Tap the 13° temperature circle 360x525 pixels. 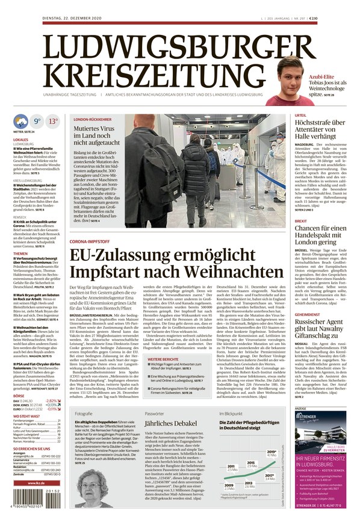pyautogui.click(x=54, y=121)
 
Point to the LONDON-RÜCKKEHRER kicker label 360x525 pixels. pyautogui.click(x=92, y=120)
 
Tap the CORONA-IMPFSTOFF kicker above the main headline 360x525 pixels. pyautogui.click(x=92, y=241)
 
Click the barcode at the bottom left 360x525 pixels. pyautogui.click(x=37, y=505)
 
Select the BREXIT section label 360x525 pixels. pyautogui.click(x=300, y=221)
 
